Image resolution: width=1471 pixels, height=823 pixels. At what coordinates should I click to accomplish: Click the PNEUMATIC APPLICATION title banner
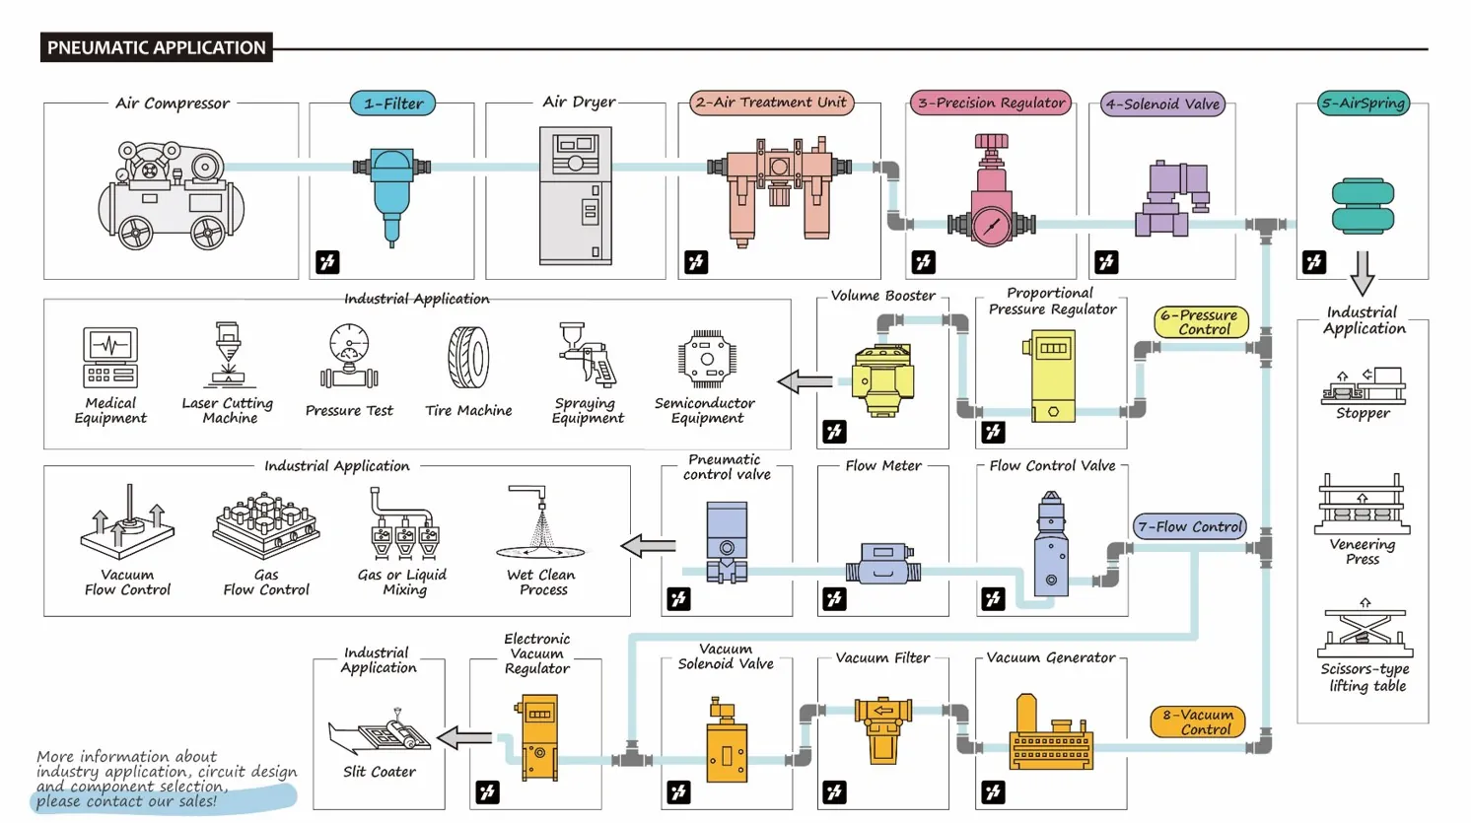pyautogui.click(x=156, y=47)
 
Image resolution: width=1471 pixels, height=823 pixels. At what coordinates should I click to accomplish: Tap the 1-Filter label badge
pyautogui.click(x=392, y=103)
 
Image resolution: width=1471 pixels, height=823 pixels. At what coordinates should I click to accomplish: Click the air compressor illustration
pyautogui.click(x=171, y=194)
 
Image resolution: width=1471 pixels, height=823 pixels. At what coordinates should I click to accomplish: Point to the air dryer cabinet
pyautogui.click(x=575, y=195)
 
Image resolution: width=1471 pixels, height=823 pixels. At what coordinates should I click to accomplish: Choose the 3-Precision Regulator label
pyautogui.click(x=991, y=103)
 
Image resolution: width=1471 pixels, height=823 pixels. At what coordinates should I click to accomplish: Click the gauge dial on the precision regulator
pyautogui.click(x=991, y=226)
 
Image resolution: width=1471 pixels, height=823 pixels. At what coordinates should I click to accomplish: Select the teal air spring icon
pyautogui.click(x=1363, y=205)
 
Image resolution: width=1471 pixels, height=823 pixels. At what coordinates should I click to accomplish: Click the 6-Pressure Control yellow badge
pyautogui.click(x=1201, y=322)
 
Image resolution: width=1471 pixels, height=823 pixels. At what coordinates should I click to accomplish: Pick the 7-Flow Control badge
pyautogui.click(x=1189, y=526)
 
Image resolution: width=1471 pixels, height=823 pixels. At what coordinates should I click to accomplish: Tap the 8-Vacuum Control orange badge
pyautogui.click(x=1197, y=721)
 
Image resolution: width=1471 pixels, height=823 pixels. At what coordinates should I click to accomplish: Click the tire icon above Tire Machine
pyautogui.click(x=468, y=359)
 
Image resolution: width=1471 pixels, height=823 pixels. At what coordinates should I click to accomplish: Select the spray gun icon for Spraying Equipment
pyautogui.click(x=587, y=355)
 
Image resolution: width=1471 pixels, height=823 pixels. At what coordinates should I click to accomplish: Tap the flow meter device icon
pyautogui.click(x=882, y=565)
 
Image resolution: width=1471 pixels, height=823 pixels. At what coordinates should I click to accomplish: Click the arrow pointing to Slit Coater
pyautogui.click(x=464, y=737)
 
